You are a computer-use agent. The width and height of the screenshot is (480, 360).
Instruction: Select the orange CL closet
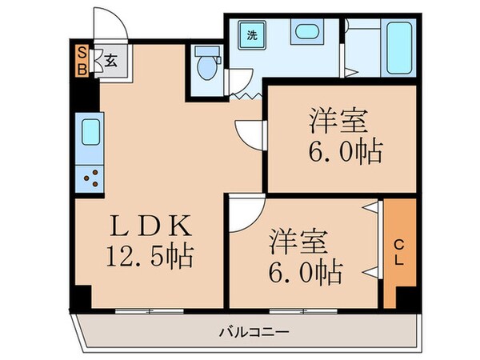[x=400, y=253]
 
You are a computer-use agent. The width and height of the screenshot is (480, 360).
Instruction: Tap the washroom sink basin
[x=305, y=34]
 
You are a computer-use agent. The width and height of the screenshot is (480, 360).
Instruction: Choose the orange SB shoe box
[x=81, y=59]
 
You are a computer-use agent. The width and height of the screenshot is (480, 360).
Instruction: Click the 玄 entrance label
[x=111, y=60]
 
